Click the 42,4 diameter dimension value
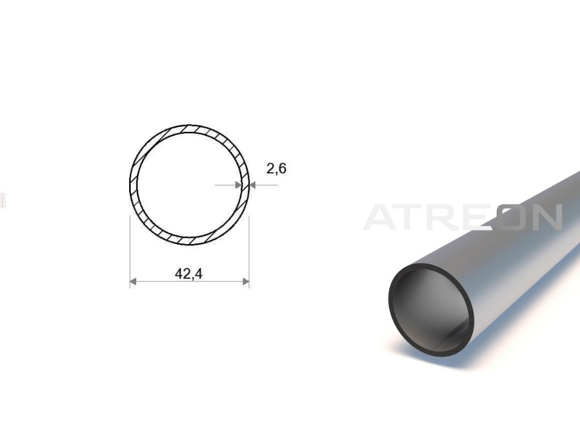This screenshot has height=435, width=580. [x=189, y=274]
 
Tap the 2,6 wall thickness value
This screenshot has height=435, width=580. [x=276, y=169]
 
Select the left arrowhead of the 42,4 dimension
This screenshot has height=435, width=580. [x=133, y=282]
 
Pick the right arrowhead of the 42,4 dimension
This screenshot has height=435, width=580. [x=246, y=282]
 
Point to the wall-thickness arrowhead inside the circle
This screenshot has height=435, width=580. [x=238, y=185]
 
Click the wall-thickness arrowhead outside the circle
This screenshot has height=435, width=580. [x=253, y=185]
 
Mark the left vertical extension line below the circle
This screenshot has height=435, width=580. [x=130, y=252]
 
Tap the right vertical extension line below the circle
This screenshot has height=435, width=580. [x=249, y=252]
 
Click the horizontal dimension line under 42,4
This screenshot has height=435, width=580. [x=189, y=282]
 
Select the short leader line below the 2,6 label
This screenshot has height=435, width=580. [x=264, y=185]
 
